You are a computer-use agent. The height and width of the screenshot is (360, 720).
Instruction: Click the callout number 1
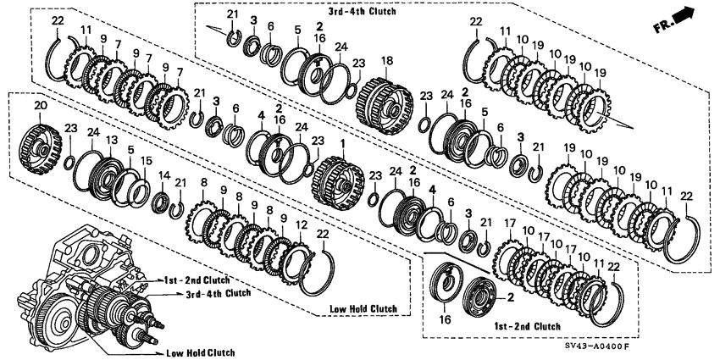point(341,144)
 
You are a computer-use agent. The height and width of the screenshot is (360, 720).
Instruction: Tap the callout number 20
point(41,106)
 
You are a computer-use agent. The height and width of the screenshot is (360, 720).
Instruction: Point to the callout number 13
point(111,139)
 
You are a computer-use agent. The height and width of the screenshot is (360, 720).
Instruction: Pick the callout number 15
point(146,161)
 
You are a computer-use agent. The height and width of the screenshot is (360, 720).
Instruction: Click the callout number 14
point(164,175)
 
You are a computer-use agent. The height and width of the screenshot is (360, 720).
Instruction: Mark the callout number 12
point(302,225)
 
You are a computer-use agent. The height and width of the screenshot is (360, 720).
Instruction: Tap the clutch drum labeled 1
point(338,183)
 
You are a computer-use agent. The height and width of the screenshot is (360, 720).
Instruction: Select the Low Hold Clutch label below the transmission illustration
point(201,353)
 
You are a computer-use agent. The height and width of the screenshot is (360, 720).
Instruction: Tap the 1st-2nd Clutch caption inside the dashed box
point(527,326)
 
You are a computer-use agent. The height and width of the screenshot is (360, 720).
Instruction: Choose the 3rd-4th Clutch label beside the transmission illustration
point(218,293)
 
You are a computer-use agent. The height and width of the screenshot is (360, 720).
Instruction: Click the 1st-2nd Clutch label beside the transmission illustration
point(197,280)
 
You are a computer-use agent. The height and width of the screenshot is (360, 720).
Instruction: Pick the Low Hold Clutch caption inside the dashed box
point(363,308)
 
